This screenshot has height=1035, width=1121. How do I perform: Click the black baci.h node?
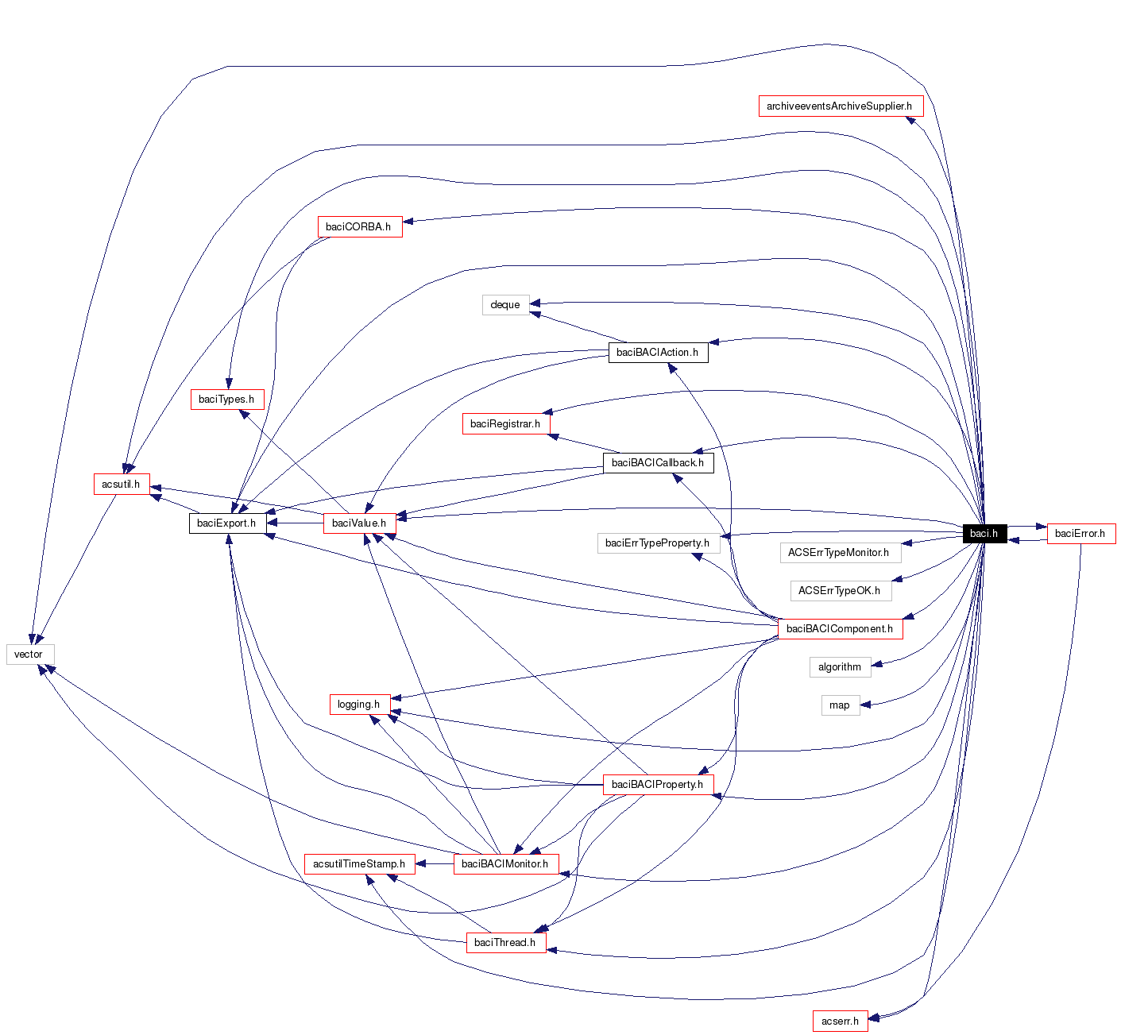coord(984,533)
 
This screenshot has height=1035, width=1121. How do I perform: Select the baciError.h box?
coord(1080,534)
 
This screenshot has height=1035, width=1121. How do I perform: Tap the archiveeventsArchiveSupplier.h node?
coord(840,106)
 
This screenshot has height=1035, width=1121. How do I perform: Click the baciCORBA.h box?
coord(359,226)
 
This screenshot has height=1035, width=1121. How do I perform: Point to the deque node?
coord(505,305)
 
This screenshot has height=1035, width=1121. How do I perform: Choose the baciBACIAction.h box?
coord(657,353)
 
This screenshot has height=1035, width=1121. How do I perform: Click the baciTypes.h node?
coord(226,400)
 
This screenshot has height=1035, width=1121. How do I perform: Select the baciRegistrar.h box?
coord(505,424)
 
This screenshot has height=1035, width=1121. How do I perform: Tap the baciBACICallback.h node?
coord(658,463)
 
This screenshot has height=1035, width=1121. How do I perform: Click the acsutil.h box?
coord(121,485)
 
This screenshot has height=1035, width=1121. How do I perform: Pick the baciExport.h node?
coord(227,523)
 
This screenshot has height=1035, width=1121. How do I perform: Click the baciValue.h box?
coord(359,523)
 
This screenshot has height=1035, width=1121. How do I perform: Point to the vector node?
coord(29,655)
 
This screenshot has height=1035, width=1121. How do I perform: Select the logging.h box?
coord(358,705)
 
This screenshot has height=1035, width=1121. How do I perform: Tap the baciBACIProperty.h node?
coord(657,785)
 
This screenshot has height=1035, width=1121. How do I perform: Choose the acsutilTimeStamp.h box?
coord(359,864)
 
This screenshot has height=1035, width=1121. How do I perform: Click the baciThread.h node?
coord(505,943)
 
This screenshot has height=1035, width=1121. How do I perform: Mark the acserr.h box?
coord(840,1021)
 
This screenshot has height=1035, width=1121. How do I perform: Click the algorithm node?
coord(840,667)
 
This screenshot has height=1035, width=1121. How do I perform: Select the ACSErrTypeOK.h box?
coord(840,591)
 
